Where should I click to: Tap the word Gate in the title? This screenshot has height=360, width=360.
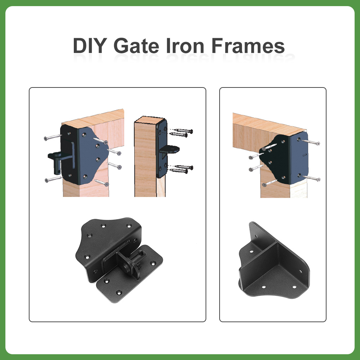point(136,46)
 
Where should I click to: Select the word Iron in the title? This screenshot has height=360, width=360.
point(185,46)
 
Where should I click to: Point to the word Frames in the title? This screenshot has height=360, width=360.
point(248,46)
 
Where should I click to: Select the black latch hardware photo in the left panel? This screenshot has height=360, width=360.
point(119,260)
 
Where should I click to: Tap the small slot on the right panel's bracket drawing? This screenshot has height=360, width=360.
point(305,155)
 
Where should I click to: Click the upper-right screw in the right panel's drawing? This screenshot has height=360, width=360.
point(311,142)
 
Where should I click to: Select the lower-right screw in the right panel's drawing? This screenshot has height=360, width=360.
point(311,178)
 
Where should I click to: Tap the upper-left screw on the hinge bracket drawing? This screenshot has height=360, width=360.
point(53,137)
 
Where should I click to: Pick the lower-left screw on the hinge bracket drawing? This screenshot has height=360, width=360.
point(54,179)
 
